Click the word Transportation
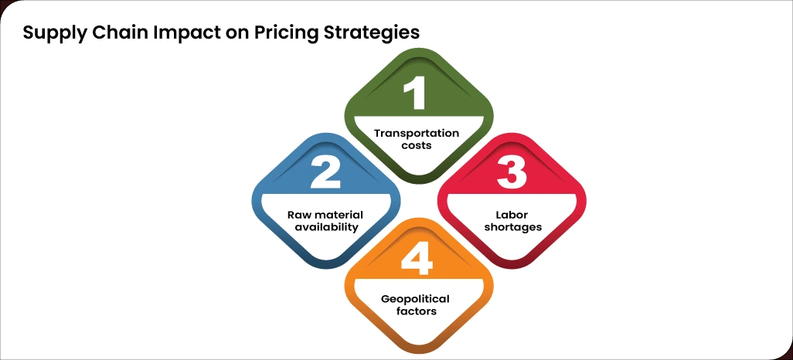(x=417, y=133)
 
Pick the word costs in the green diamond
(x=417, y=145)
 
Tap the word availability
(x=326, y=227)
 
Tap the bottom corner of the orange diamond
(x=417, y=352)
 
